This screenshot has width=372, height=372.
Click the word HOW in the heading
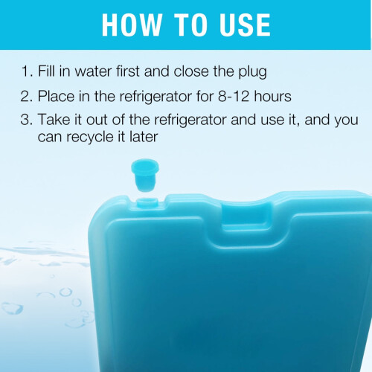pos(132,25)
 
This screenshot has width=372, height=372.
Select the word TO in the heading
pos(190,25)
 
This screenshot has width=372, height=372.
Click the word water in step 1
pos(93,71)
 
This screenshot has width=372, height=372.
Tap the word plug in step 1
pos(253,72)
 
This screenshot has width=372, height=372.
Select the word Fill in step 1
pos(46,71)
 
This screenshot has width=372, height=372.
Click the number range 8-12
pos(234,96)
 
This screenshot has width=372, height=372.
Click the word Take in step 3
pos(54,120)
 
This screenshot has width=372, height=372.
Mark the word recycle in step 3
pos(90,138)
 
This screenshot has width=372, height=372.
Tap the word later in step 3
pos(144,136)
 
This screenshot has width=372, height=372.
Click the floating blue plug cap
pos(145,175)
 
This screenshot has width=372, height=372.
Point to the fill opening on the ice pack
pos(147,202)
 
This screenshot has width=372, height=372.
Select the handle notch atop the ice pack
pos(246,214)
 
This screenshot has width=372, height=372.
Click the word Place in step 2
pos(56,96)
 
